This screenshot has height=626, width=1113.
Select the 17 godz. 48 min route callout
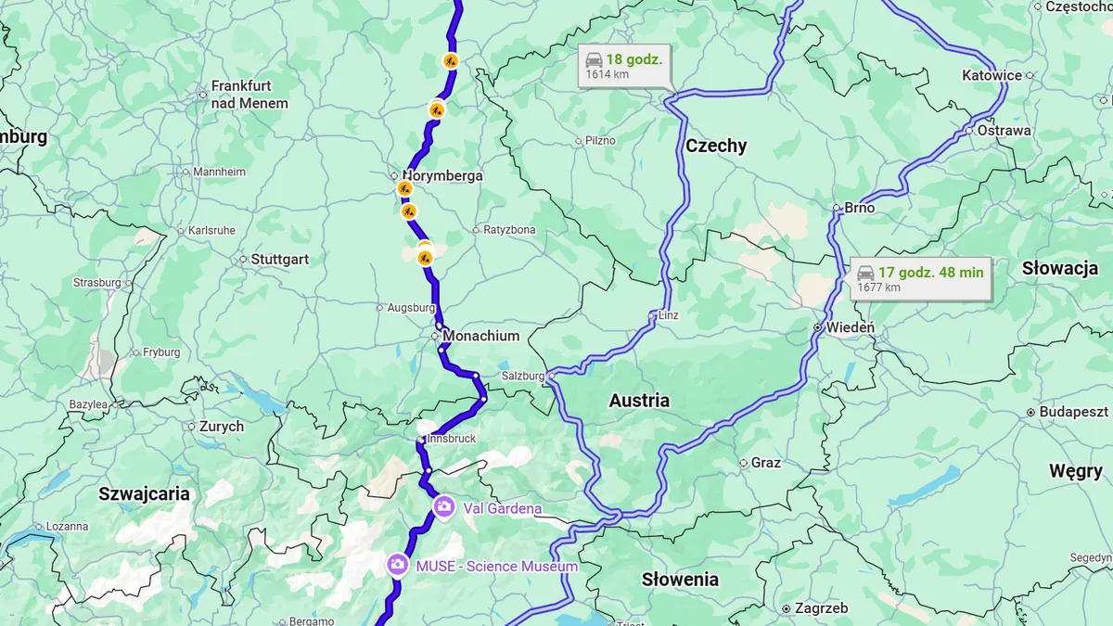point(919,278)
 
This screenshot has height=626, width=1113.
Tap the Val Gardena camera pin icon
point(444,506)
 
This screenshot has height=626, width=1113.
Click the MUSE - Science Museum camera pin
point(398,565)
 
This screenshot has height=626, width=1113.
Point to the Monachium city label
point(480,336)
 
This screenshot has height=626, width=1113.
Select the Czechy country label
point(716,146)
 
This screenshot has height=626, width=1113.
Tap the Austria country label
point(639,401)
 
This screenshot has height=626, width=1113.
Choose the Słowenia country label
point(680,580)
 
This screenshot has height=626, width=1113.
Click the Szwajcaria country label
point(145,493)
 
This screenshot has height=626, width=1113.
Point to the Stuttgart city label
point(279,260)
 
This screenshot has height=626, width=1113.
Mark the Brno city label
point(859,208)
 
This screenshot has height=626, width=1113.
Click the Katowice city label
point(991,75)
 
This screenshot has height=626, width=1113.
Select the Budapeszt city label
point(1073,412)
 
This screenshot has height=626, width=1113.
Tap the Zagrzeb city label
point(821,608)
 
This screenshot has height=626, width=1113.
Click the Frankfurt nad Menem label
point(249,95)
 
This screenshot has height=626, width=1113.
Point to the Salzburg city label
point(520,376)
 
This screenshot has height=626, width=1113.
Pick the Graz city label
point(765,463)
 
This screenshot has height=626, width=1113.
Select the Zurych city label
point(221,427)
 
